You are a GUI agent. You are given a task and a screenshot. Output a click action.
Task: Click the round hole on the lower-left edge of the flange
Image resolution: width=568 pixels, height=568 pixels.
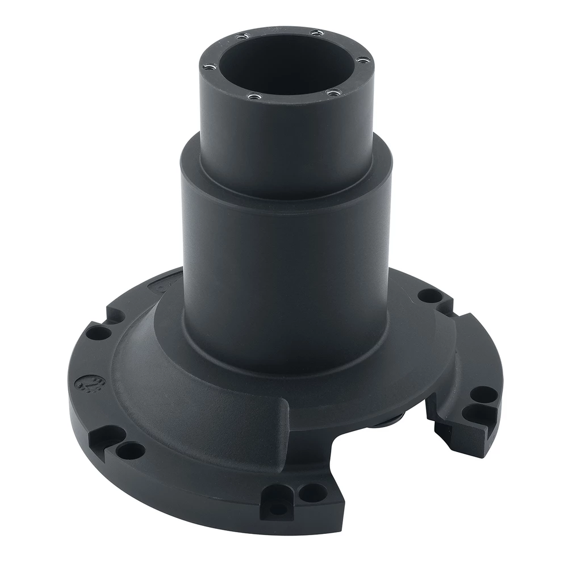131,451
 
